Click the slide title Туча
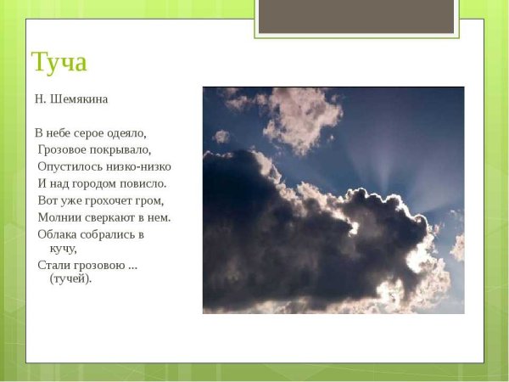coord(59,63)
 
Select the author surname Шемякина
coord(79,98)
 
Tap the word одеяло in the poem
coord(127,132)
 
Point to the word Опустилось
coord(69,166)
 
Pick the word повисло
coord(144,183)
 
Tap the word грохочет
coord(106,200)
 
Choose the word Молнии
coord(59,217)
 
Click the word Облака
coord(58,233)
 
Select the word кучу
coord(64,249)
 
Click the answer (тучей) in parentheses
coord(70,278)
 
